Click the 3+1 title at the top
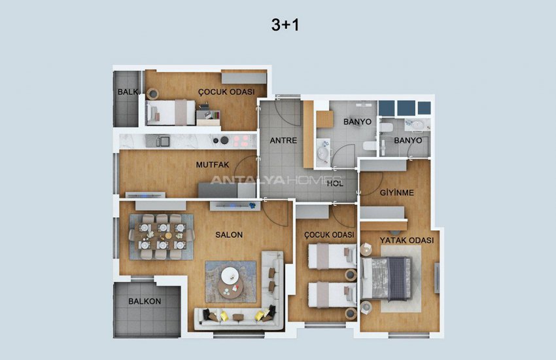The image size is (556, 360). point(285,25)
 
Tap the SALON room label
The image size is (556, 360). point(229,235)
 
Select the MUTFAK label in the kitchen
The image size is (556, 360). point(213,165)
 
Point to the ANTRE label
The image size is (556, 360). point(283,141)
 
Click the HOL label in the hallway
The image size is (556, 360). point(335,183)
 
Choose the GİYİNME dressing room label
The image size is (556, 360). point(397,192)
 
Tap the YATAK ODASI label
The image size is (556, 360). point(407,240)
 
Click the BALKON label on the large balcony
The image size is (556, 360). point(145,302)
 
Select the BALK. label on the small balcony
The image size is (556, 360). point(128,92)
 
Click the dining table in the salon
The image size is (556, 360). point(162,236)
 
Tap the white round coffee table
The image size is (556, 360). point(230,275)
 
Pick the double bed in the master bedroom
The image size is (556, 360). point(386,278)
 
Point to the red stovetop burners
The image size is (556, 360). point(241,141)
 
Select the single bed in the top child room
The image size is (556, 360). point(171,113)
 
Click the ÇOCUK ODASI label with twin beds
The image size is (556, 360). point(329,235)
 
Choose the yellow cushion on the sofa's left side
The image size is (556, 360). point(224,316)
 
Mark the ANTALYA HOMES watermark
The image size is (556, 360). point(277,180)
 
